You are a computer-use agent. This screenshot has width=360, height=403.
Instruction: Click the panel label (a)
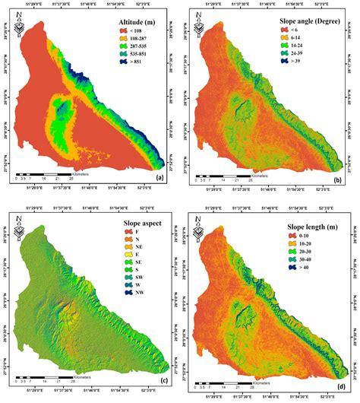tap(159, 178)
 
